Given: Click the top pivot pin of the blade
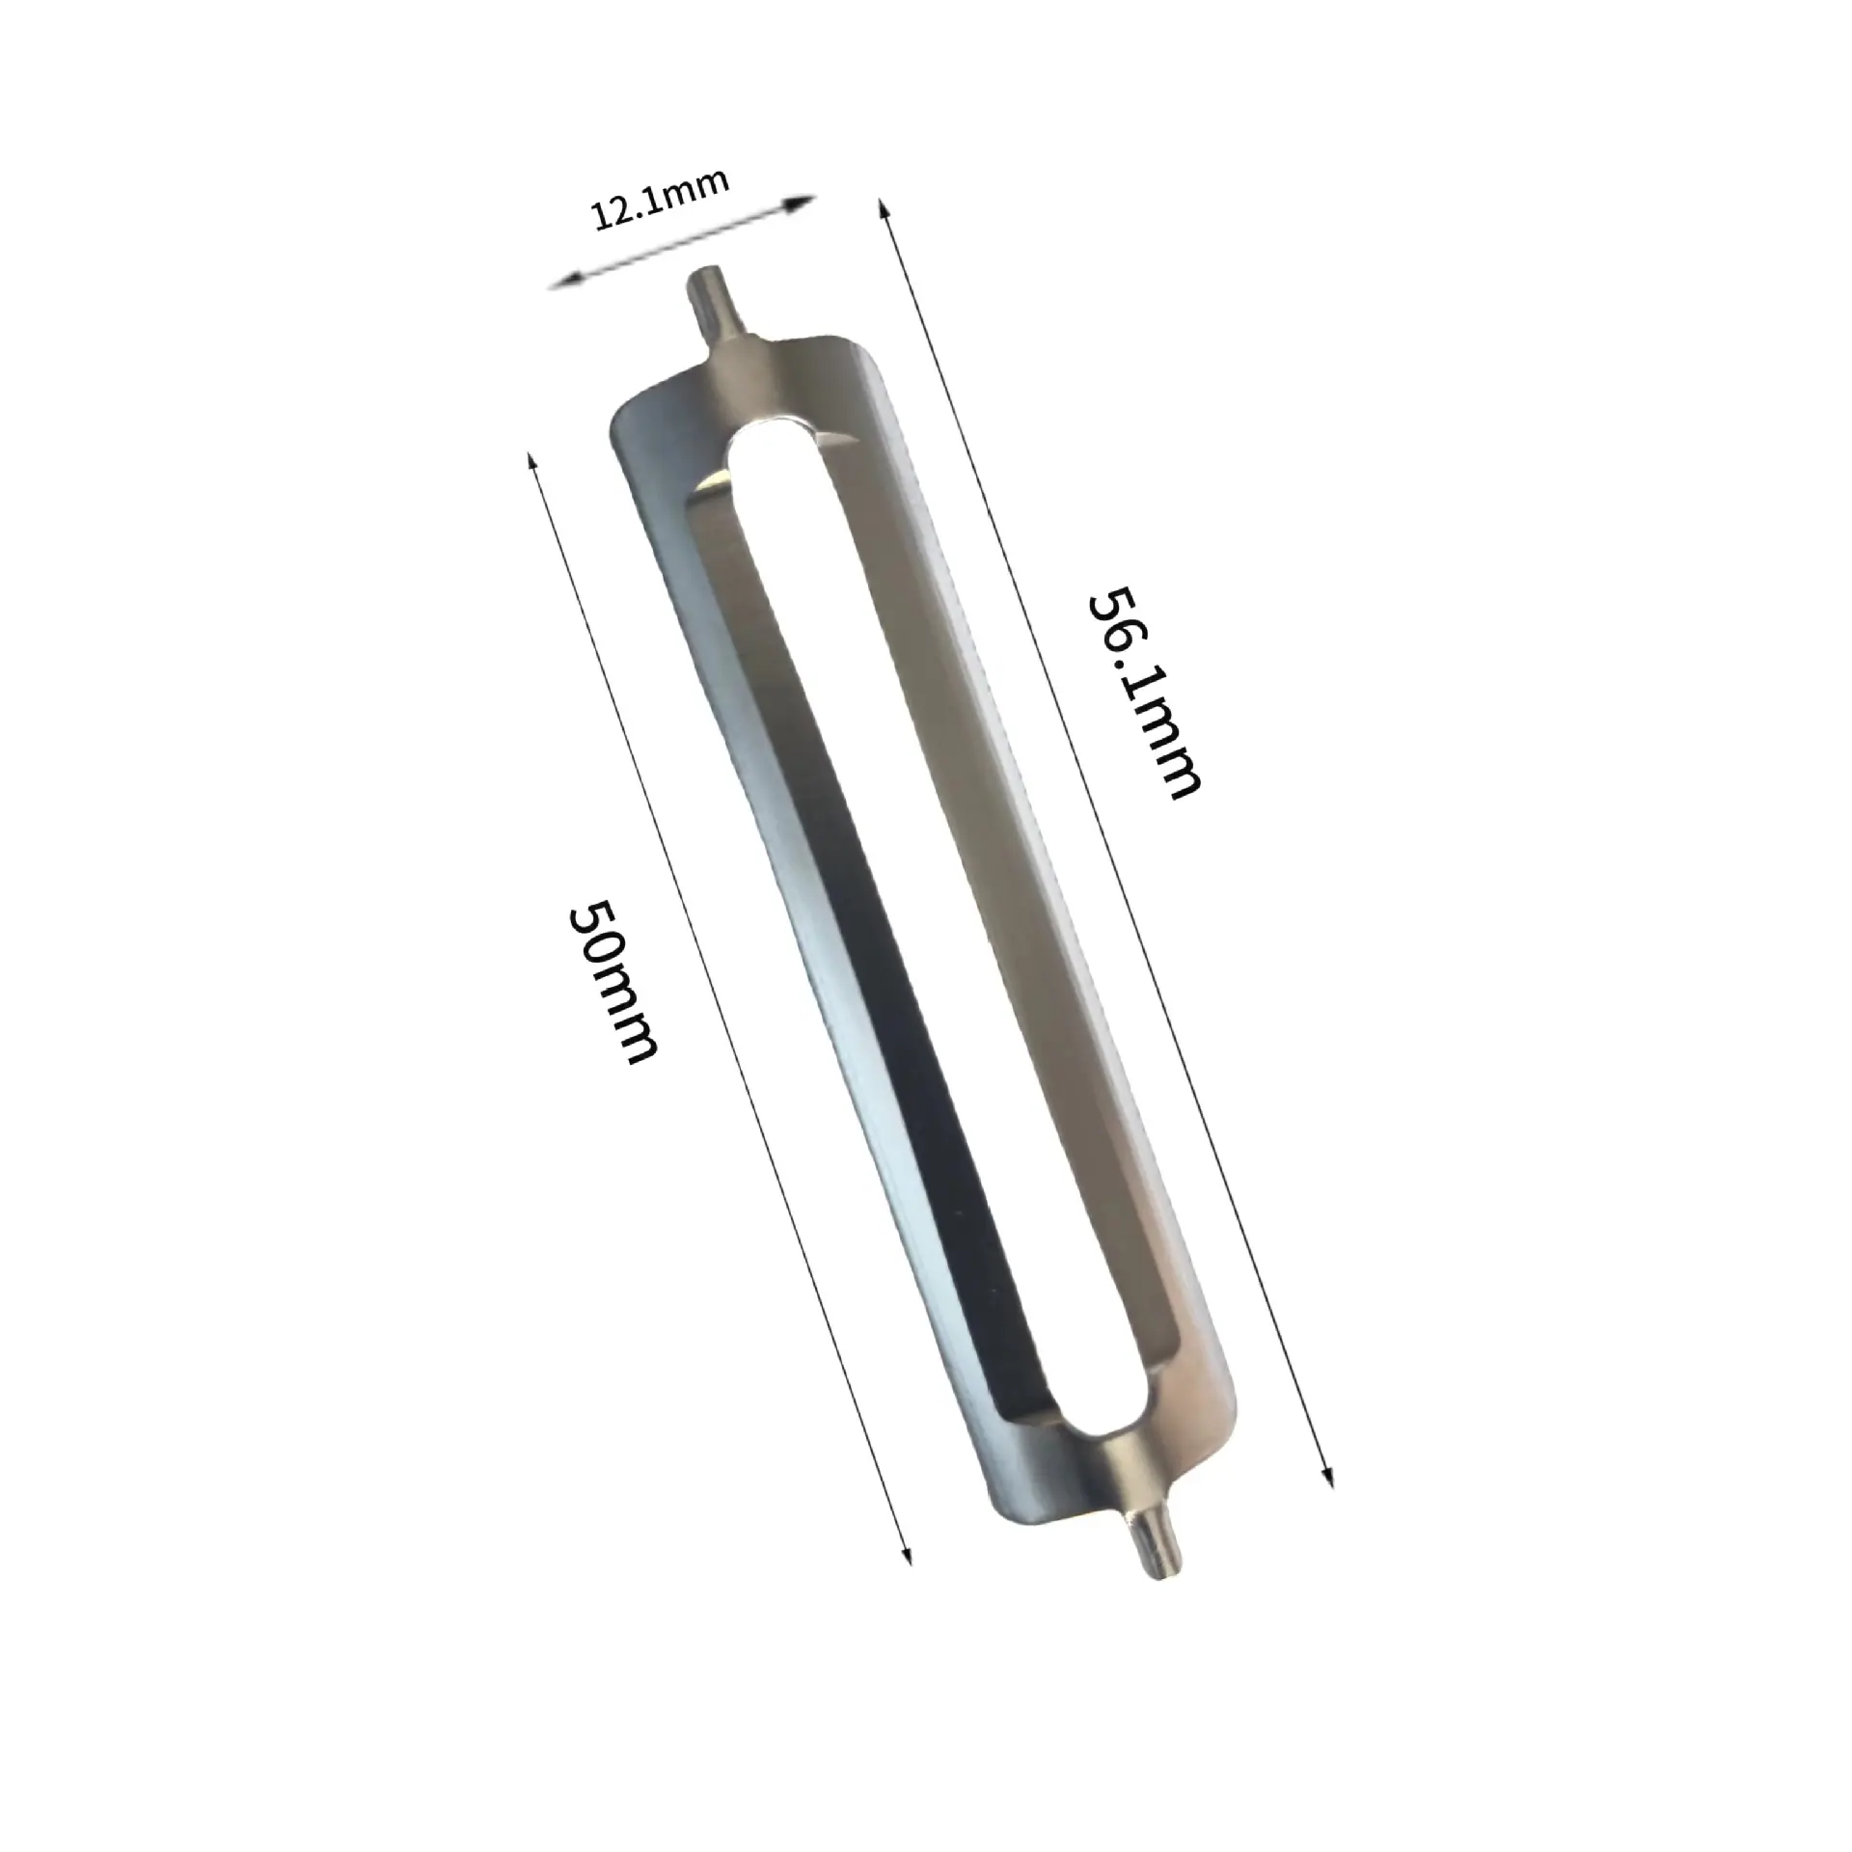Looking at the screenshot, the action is tap(714, 306).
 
